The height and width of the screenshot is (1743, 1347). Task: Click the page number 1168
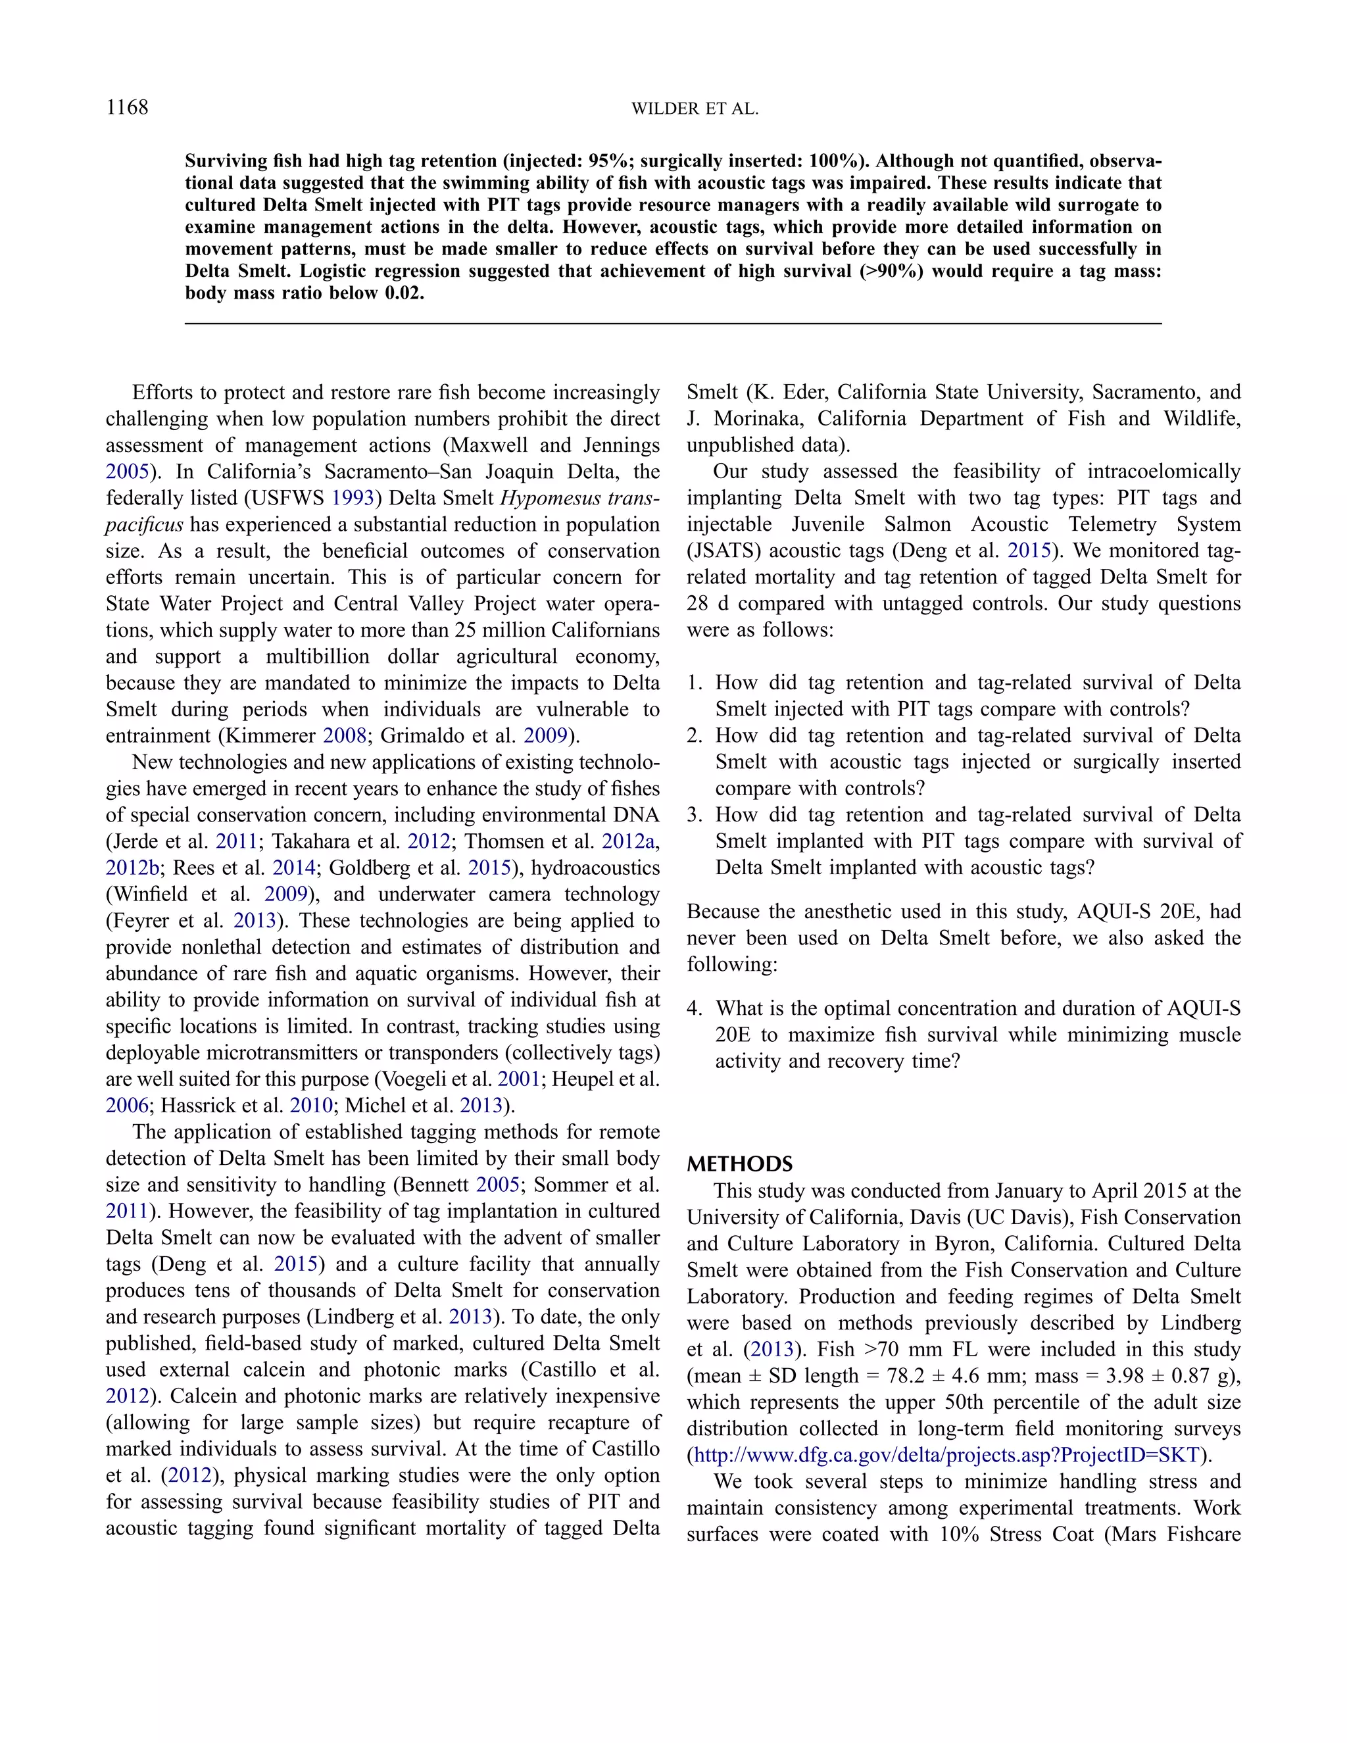click(x=127, y=108)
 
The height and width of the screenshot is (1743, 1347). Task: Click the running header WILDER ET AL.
click(x=695, y=109)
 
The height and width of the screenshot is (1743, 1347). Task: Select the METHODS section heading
click(x=740, y=1164)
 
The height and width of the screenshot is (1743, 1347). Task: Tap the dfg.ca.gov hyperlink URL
click(x=946, y=1455)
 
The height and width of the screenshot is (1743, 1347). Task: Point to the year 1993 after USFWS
click(x=353, y=498)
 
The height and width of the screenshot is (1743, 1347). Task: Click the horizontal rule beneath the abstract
click(x=673, y=323)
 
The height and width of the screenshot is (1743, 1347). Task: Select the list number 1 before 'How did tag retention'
click(x=693, y=683)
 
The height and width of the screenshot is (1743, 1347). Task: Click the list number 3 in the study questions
click(x=693, y=815)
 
